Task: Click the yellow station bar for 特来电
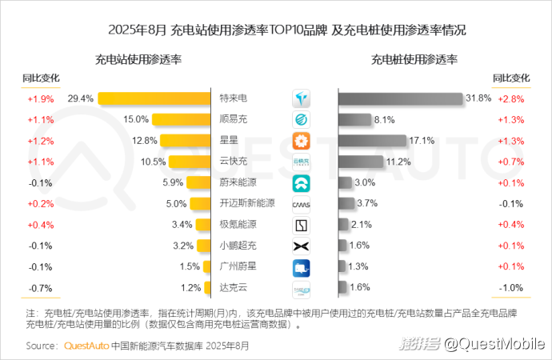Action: click(x=154, y=98)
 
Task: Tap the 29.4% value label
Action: click(x=81, y=98)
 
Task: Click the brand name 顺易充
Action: click(x=233, y=120)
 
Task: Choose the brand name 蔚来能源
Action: click(x=238, y=182)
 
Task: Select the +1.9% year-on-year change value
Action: click(x=40, y=99)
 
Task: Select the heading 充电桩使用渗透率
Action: click(x=414, y=59)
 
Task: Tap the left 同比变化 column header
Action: click(x=41, y=78)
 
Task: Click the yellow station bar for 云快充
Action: click(x=189, y=162)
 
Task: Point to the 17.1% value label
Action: click(x=422, y=141)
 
